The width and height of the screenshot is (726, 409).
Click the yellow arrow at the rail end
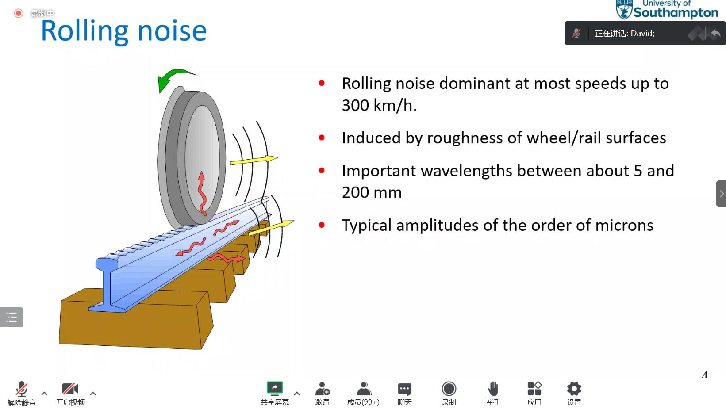pyautogui.click(x=271, y=227)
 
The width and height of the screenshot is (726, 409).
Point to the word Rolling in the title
pyautogui.click(x=85, y=31)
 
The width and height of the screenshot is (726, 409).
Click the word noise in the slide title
pyautogui.click(x=172, y=32)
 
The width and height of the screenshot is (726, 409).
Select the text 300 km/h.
pyautogui.click(x=379, y=105)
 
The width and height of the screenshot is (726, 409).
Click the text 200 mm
pyautogui.click(x=372, y=192)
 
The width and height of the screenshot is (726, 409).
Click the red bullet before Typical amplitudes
pyautogui.click(x=322, y=225)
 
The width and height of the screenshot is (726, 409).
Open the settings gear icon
pyautogui.click(x=574, y=389)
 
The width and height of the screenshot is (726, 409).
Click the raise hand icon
pyautogui.click(x=493, y=389)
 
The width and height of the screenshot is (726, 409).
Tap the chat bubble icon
pyautogui.click(x=404, y=389)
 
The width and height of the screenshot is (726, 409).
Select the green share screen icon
pyautogui.click(x=275, y=388)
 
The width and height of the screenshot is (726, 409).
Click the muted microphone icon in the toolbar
pyautogui.click(x=21, y=389)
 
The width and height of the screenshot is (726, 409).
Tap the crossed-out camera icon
pyautogui.click(x=70, y=389)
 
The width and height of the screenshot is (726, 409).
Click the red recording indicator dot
pyautogui.click(x=19, y=13)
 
